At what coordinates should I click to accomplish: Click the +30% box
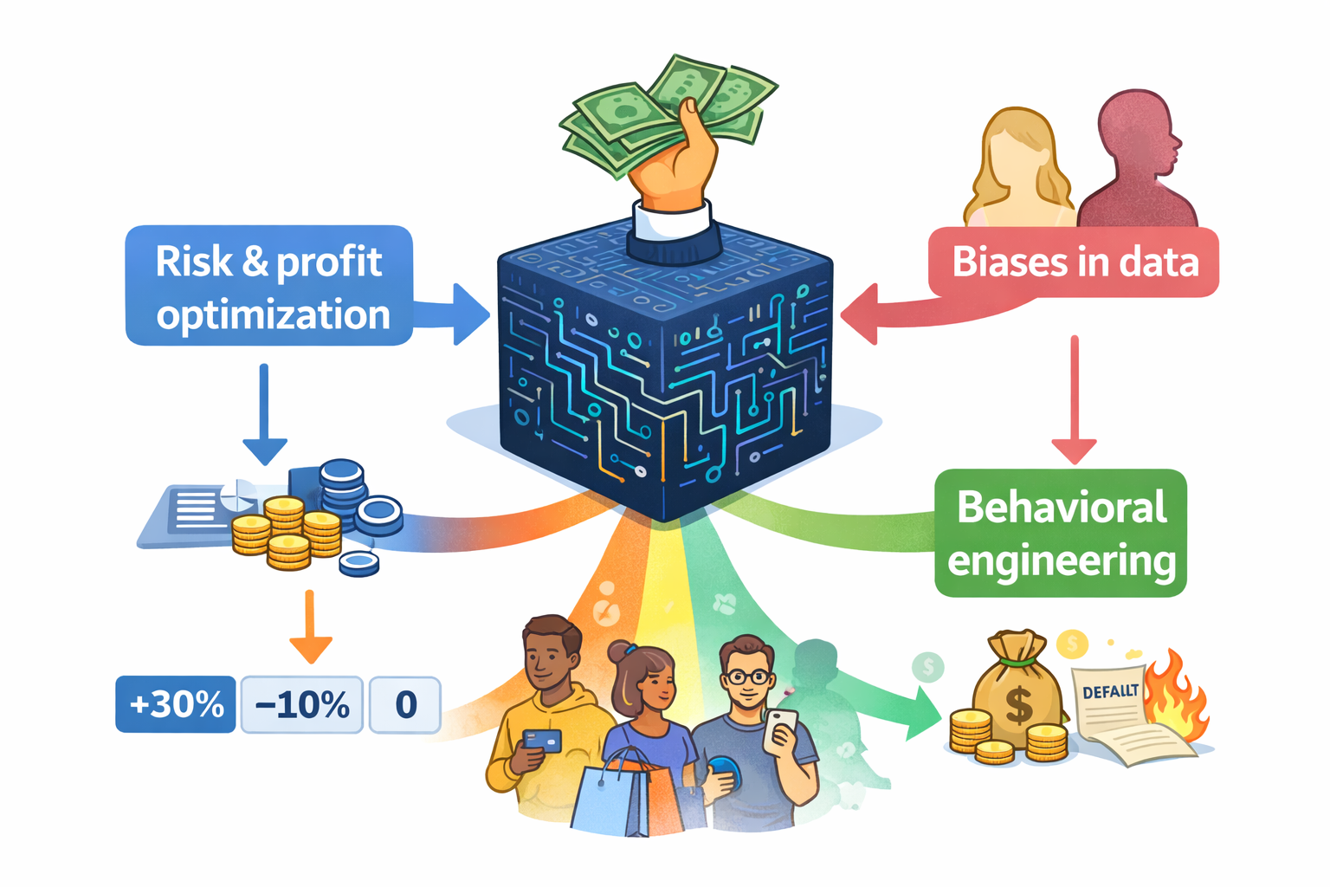pyautogui.click(x=176, y=704)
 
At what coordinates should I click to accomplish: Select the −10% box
pyautogui.click(x=301, y=704)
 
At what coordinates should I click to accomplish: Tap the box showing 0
pyautogui.click(x=405, y=704)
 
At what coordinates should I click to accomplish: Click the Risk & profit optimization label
pyautogui.click(x=269, y=286)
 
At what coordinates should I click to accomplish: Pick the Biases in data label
pyautogui.click(x=1075, y=262)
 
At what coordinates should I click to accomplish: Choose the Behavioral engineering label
pyautogui.click(x=1061, y=533)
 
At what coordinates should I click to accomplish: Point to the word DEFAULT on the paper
pyautogui.click(x=1110, y=691)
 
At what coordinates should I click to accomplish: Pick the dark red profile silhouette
pyautogui.click(x=1134, y=165)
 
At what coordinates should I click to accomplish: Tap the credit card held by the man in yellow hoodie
pyautogui.click(x=542, y=740)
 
